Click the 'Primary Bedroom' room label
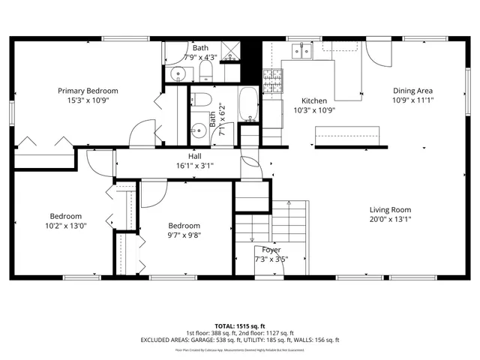coord(88,91)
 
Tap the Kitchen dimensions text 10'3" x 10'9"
coord(313,109)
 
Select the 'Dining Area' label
coord(413,91)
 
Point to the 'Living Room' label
coord(390,209)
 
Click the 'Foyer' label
coord(271,250)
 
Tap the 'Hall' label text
coord(194,156)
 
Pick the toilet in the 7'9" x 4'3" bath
coord(205,72)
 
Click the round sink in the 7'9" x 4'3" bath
coord(177,73)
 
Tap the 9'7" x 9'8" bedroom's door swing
coord(153,193)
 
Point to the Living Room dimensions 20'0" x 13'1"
coord(390,219)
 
